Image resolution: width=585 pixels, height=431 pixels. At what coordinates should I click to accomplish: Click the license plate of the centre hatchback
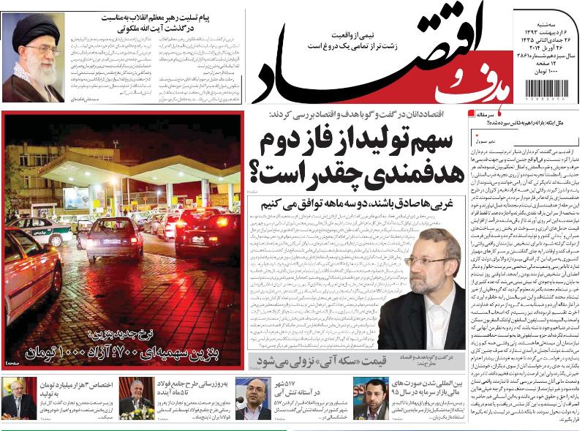[x=111, y=241]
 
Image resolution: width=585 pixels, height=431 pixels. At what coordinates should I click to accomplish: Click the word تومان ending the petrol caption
[x=31, y=354]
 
